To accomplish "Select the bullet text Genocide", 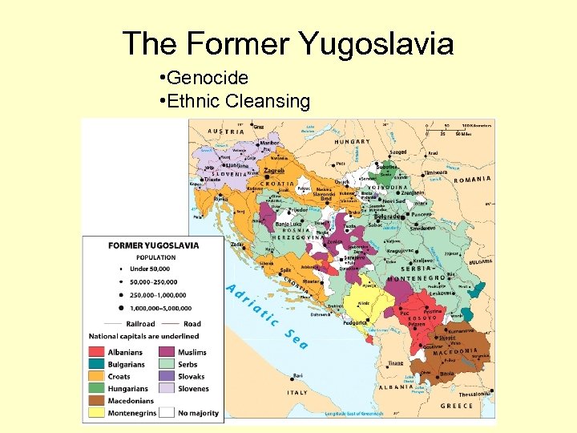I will click(x=208, y=79).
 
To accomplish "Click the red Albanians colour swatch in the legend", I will click(x=97, y=352).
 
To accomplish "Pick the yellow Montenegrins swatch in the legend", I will click(x=97, y=412).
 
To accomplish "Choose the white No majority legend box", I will click(x=167, y=412).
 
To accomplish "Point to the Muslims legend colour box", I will click(x=167, y=352).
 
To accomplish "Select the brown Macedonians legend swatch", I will click(x=97, y=400).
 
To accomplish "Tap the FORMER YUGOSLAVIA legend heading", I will click(x=154, y=245).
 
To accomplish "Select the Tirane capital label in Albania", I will click(x=396, y=362).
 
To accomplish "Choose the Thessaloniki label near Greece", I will click(x=476, y=395).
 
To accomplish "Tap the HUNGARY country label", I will click(x=353, y=142).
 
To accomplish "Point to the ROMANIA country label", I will click(x=472, y=180).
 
